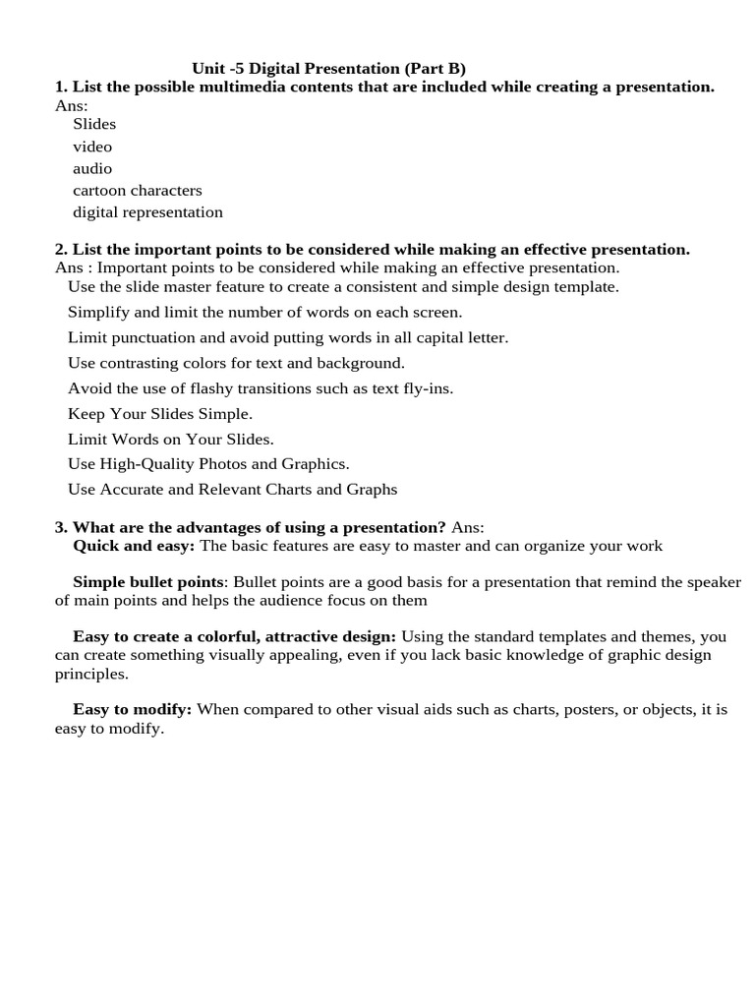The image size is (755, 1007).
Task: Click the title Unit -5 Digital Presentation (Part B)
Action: point(328,68)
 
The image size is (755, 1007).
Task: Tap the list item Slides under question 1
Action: point(94,124)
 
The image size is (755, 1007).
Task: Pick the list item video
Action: point(92,147)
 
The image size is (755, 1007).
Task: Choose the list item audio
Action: point(92,168)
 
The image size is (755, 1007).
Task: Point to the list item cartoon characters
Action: point(138,190)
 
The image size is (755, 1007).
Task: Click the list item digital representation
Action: point(147,211)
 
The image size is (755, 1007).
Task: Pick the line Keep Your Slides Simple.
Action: point(160,414)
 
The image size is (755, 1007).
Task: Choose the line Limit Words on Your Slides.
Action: point(171,439)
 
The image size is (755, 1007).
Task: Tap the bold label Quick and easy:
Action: point(134,545)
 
